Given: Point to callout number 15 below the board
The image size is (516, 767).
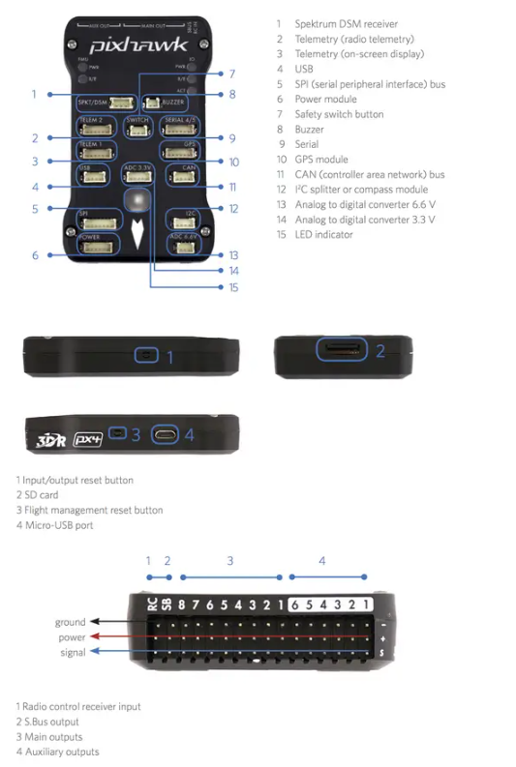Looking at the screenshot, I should (x=232, y=287).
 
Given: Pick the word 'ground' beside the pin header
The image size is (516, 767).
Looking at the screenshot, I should (x=70, y=622).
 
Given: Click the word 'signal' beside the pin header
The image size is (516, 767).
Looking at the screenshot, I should (x=73, y=653).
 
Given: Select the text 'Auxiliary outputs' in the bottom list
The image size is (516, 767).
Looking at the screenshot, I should (x=62, y=752).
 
